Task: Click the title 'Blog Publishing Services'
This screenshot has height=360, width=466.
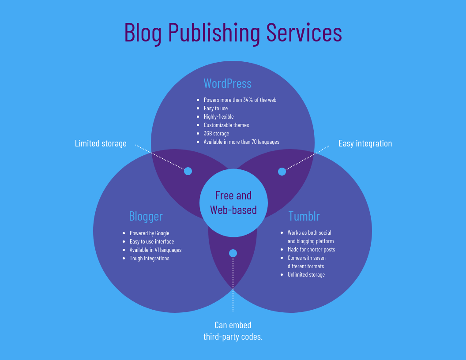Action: coord(233,33)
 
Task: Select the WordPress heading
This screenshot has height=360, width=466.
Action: coord(227,83)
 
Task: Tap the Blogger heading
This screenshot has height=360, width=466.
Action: coord(146,216)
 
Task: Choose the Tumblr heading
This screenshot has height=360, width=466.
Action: coord(304,216)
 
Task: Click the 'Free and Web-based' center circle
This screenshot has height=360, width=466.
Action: coord(233,202)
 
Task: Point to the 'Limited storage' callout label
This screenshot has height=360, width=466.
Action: coord(101,143)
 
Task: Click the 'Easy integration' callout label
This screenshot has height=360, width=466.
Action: coord(365,143)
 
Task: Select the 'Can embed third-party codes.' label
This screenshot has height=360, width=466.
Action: coord(233,331)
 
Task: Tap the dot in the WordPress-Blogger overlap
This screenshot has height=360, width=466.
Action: coord(188,171)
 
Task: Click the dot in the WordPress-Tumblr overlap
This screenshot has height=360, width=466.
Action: coord(282,172)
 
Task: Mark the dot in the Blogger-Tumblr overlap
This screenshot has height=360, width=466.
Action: coord(233,253)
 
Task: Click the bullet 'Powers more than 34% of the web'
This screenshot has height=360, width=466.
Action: coord(240,100)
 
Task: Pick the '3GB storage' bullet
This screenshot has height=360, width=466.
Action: coord(216,133)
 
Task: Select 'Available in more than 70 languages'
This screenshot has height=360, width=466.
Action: coord(241,142)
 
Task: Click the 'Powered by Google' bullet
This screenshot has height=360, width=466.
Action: coord(149,233)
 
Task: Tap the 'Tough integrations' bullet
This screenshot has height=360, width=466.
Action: coord(149,258)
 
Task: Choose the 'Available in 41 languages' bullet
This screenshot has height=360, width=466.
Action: coord(155,250)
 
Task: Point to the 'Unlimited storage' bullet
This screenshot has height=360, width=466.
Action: coord(306,274)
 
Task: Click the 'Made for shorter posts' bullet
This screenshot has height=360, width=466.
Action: coord(311,249)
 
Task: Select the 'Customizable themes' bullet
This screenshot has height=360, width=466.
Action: coord(226,125)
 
